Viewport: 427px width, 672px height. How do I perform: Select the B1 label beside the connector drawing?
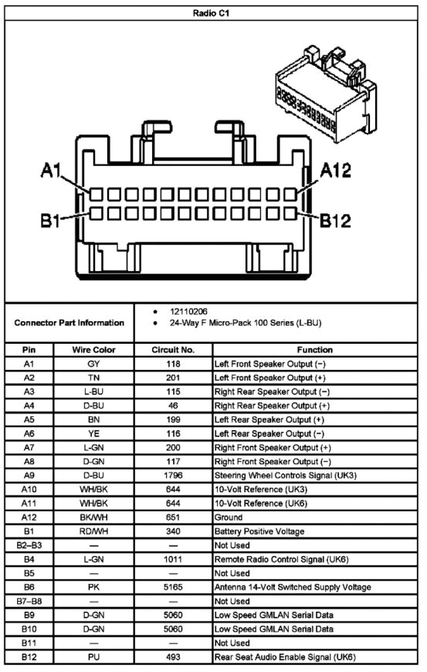click(x=51, y=221)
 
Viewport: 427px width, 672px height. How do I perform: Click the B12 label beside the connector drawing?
click(x=337, y=221)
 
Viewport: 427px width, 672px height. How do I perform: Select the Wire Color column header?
click(x=93, y=350)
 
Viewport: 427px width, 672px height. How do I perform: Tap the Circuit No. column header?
click(x=173, y=350)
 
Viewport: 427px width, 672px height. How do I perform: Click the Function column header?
click(x=314, y=350)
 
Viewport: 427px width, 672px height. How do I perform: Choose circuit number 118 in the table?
click(x=173, y=364)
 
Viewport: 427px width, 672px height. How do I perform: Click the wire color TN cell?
click(x=93, y=378)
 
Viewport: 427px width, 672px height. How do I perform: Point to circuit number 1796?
click(x=173, y=475)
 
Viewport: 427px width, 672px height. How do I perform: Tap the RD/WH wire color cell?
click(x=93, y=531)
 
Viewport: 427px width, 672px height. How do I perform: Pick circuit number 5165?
click(x=173, y=587)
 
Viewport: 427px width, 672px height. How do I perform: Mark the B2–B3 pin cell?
click(x=29, y=545)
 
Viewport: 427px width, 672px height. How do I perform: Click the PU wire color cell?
click(x=93, y=657)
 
